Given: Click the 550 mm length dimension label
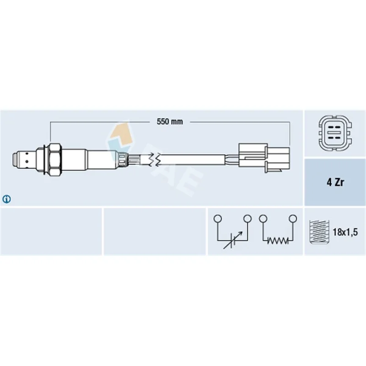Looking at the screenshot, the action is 170,122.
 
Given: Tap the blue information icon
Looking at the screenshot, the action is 6,199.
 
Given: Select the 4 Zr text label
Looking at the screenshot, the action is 335,182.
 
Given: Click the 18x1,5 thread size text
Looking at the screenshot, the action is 345,232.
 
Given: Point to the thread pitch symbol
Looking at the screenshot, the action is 319,232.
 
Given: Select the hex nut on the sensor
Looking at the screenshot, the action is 55,160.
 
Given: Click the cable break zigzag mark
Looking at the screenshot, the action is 155,160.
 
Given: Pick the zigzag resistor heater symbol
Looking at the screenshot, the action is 278,241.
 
